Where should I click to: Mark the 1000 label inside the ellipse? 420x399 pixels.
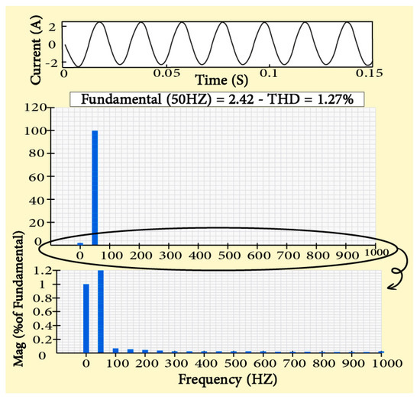[x=375, y=252]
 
